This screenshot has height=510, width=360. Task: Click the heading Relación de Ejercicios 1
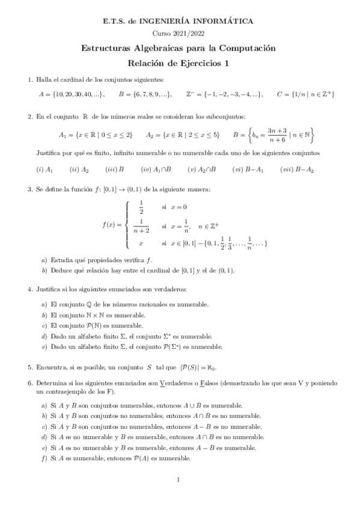(x=180, y=63)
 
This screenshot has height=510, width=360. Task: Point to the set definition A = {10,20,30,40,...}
(x=71, y=94)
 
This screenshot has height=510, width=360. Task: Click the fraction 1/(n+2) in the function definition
(x=141, y=225)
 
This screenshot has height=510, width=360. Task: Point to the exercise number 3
(x=29, y=190)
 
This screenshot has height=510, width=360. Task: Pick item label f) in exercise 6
(x=44, y=458)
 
